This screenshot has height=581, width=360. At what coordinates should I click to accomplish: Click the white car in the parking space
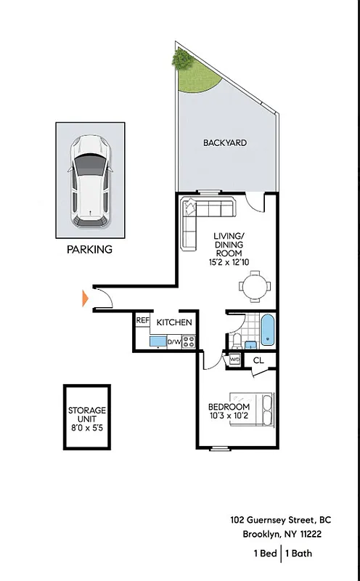pos(90,180)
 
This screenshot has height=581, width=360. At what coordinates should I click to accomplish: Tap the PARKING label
pos(90,249)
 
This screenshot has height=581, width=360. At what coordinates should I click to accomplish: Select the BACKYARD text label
pos(224,143)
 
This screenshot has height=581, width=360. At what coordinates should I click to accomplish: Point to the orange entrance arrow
pos(85,298)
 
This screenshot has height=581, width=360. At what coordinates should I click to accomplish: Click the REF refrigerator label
pos(142,320)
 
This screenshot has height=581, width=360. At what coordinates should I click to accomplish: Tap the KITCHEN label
pos(175,322)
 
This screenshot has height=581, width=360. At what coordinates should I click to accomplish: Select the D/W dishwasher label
pos(174,341)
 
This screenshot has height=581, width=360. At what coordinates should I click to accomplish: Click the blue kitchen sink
pos(157,341)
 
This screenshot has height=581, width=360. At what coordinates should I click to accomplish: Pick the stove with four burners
pos(189,341)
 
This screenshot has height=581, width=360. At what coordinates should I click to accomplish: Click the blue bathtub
pos(268,331)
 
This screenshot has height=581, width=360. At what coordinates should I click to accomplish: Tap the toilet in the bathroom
pos(237,341)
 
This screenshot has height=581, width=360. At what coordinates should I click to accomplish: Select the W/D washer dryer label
pos(234,359)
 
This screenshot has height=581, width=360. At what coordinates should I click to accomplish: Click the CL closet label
pos(259,359)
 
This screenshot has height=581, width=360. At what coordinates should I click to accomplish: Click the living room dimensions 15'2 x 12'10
pos(229,261)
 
